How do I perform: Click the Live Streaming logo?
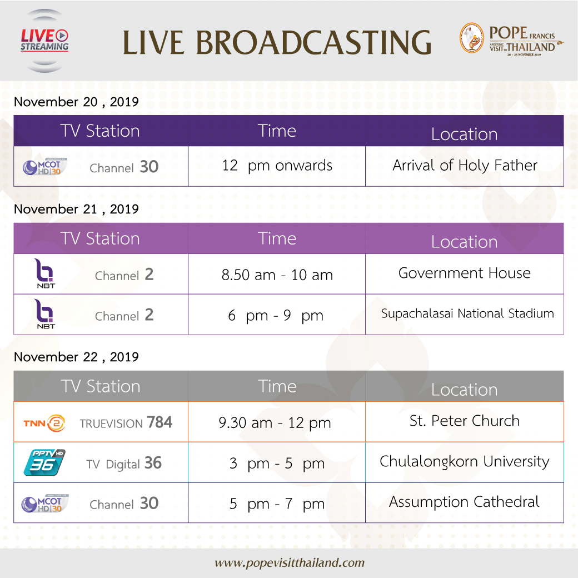pos(44,41)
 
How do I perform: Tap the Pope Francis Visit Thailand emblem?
pos(512,38)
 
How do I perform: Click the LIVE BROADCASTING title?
pos(277,42)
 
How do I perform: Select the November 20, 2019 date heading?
pos(76,102)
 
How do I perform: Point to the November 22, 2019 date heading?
pos(76,357)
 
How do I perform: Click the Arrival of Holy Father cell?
pos(465,166)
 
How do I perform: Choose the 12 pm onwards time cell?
pos(277,166)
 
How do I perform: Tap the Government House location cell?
pos(465,273)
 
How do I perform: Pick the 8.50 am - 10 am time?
pos(277,275)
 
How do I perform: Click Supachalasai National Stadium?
pos(467,313)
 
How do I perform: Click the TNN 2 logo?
pos(44,423)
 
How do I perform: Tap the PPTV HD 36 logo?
pos(44,462)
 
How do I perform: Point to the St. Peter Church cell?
pos(465,421)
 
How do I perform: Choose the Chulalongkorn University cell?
pos(465,462)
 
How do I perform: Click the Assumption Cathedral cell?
pos(465,502)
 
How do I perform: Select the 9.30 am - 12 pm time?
pos(275,423)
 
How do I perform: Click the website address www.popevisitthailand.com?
pos(290,563)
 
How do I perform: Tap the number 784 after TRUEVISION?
pos(160,422)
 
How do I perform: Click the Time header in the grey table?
pos(277,386)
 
